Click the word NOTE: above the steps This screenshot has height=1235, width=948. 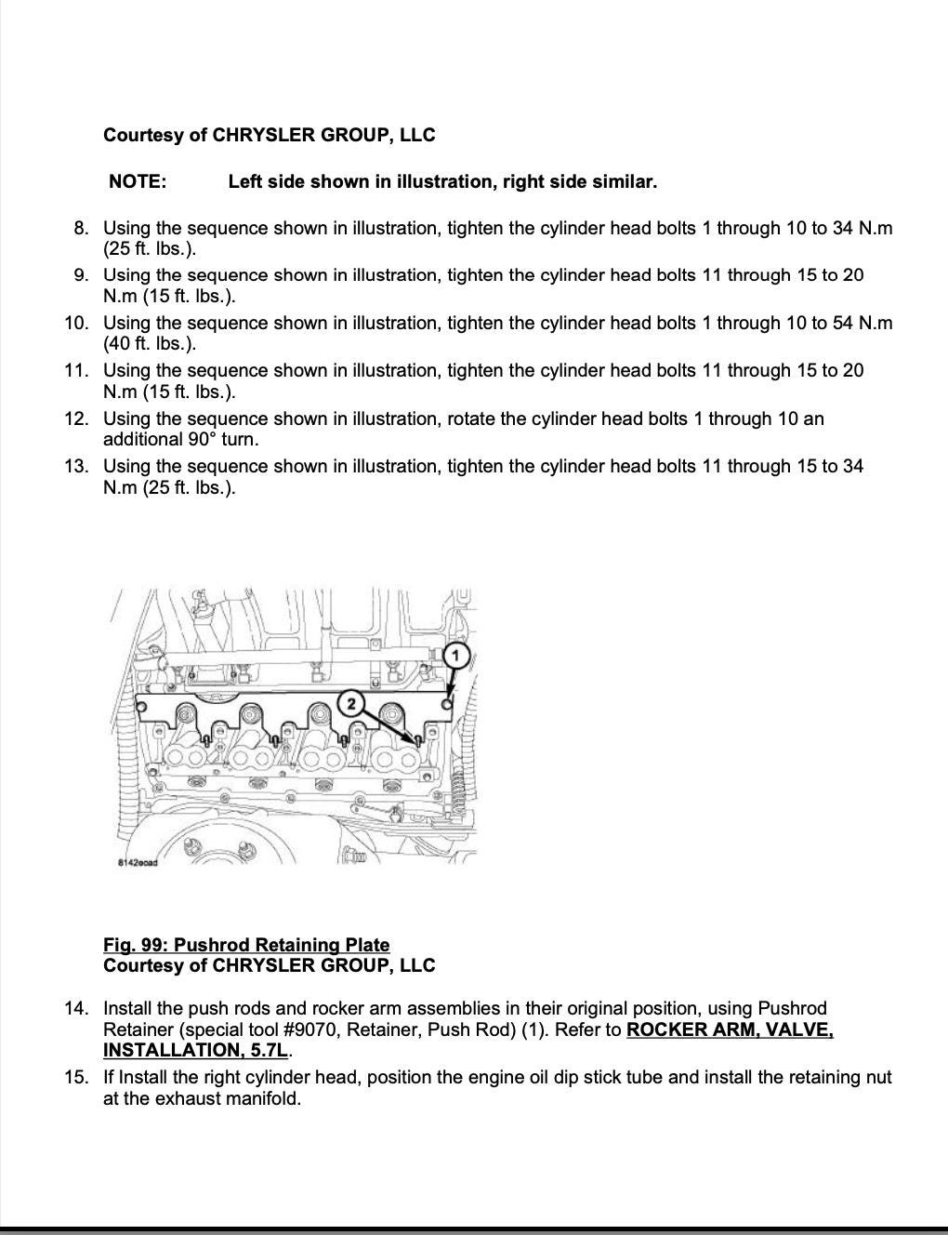click(x=138, y=182)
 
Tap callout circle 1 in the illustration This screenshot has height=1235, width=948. click(x=455, y=656)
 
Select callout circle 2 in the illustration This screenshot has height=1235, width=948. click(x=350, y=704)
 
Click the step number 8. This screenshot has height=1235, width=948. click(x=82, y=228)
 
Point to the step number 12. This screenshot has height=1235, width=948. click(x=77, y=418)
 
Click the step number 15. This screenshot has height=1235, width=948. click(x=77, y=1077)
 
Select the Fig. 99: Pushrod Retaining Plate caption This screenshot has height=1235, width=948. click(x=246, y=945)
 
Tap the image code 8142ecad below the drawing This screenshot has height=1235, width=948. click(x=138, y=862)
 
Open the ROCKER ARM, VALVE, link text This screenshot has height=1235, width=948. click(x=730, y=1029)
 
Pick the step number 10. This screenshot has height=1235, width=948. click(x=77, y=323)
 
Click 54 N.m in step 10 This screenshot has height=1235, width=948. click(x=862, y=323)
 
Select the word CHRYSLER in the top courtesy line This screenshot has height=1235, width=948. click(x=264, y=135)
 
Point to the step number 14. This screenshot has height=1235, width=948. click(x=77, y=1008)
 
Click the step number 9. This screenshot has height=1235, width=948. click(x=82, y=275)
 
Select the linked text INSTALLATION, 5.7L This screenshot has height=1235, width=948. click(x=195, y=1051)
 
